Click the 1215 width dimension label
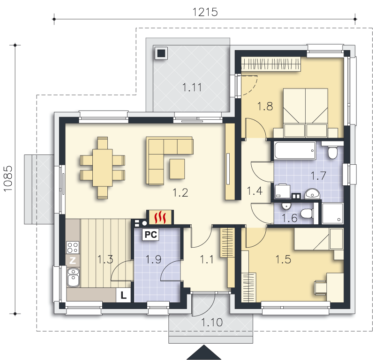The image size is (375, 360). (x=205, y=12)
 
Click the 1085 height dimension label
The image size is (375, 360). (x=8, y=178)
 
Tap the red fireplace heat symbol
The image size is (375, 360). (x=160, y=217)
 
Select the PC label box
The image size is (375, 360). (x=150, y=235)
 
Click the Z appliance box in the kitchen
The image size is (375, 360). (x=73, y=260)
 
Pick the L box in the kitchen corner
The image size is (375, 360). (x=123, y=295)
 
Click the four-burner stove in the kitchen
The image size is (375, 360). (x=73, y=247)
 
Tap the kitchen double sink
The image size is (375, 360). (x=73, y=277)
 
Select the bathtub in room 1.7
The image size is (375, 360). (x=295, y=150)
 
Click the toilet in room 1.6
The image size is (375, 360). (x=307, y=213)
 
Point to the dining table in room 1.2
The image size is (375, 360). (x=103, y=168)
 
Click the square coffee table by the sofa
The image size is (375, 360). (x=177, y=169)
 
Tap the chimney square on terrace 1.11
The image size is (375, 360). (x=161, y=53)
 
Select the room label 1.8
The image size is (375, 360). (x=265, y=106)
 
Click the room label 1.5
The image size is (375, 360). (x=283, y=259)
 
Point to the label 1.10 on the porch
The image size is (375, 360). (x=212, y=323)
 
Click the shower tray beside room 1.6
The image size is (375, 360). (x=332, y=213)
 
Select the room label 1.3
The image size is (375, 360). (x=105, y=259)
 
